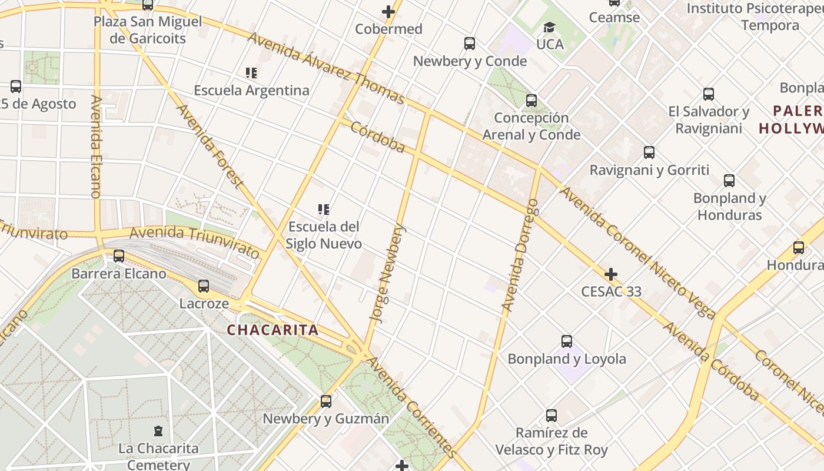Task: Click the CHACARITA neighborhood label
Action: coord(273,330)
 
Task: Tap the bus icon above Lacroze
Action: coord(204,286)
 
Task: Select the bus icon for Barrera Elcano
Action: coord(119,256)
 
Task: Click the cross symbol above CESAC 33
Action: coord(611,274)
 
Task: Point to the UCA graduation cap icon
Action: coord(549,27)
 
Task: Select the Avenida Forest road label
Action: coord(210,146)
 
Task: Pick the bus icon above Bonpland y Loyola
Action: coord(566,341)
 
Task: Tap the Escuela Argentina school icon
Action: coord(251,73)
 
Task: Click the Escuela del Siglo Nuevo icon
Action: coord(323,210)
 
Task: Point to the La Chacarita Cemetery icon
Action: coord(158,431)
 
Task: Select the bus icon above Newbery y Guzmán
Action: coord(326,402)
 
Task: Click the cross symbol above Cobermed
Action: coord(388,11)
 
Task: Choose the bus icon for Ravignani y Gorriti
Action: coord(649,152)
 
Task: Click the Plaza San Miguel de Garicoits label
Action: coord(148,30)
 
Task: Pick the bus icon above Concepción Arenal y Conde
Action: coord(531,101)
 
